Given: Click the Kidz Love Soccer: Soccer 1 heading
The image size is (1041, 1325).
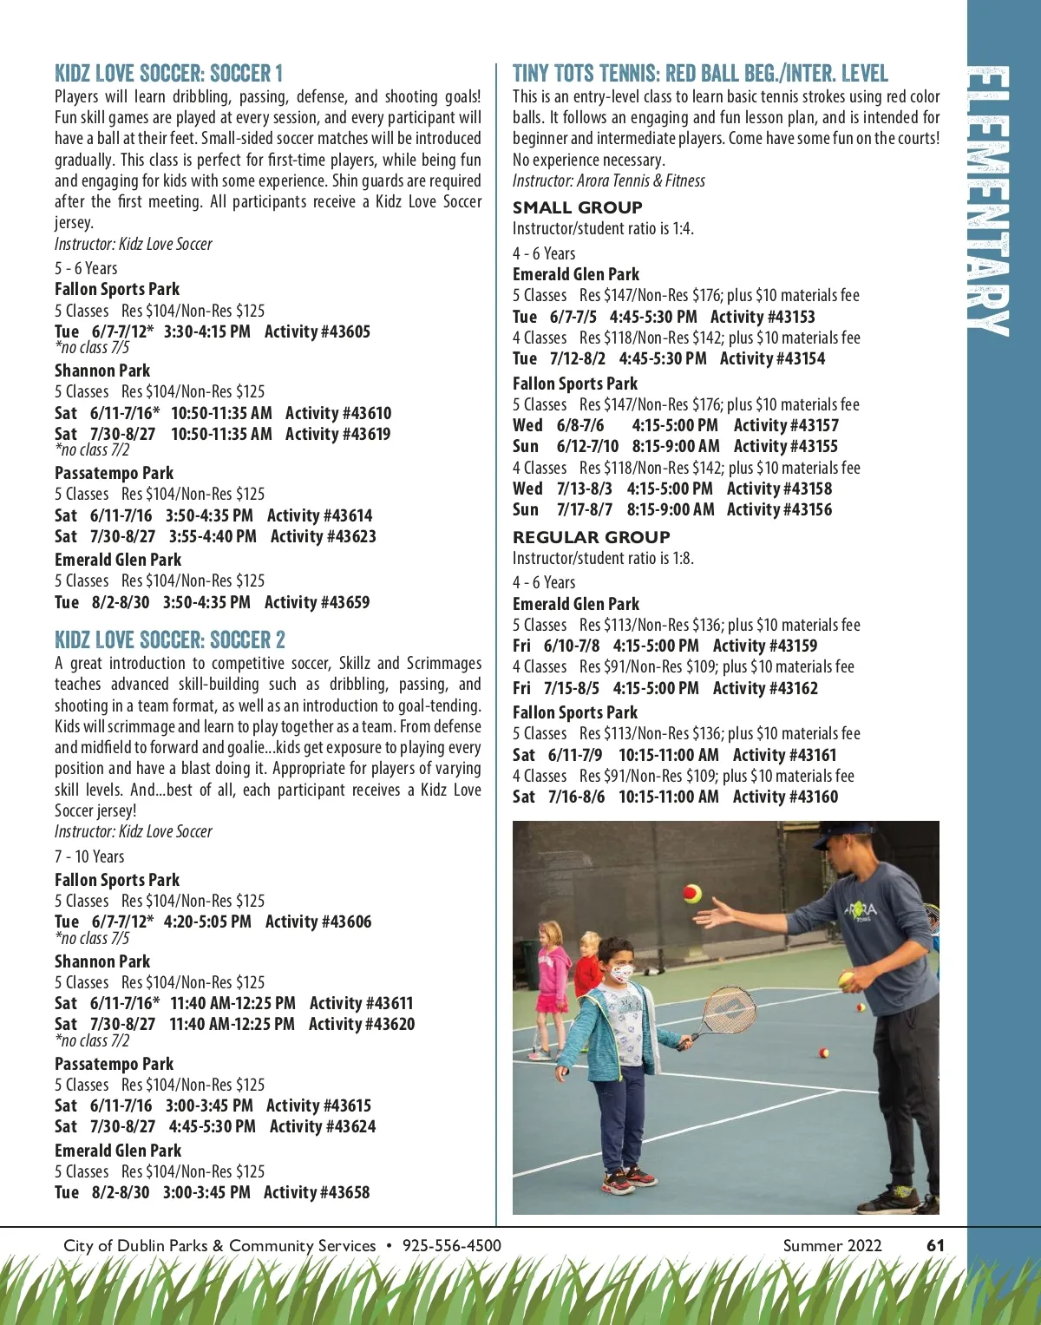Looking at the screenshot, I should coord(168,73).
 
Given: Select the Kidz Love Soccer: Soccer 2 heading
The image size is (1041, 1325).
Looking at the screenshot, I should coord(169,640).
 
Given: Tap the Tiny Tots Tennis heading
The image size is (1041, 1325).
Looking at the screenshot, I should coord(700,73).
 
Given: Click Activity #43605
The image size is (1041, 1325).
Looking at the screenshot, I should coord(317,331).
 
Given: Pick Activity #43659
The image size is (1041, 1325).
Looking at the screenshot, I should coord(317,602).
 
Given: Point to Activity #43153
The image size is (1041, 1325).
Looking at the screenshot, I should coord(763,317).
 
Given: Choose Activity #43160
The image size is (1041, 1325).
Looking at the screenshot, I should coord(785,797).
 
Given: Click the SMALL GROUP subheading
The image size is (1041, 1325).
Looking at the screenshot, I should coord(577,207).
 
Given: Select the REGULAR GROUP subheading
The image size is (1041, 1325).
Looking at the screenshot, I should coord(591,537).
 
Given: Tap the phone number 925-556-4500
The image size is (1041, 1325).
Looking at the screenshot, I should coord(451,1245).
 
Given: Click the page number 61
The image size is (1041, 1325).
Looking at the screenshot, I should coord(935,1245).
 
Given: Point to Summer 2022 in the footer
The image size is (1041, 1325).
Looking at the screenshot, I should coord(832,1245).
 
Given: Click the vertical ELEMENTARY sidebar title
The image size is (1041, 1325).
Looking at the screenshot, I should coord(989,200).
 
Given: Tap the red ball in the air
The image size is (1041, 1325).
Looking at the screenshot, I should coord(692,893).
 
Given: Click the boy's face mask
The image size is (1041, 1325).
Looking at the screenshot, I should coord(622,973).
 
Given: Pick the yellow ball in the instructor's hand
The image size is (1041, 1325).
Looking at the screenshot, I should coord(846,981).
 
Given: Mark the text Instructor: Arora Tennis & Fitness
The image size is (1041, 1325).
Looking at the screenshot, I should coord(608,180).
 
